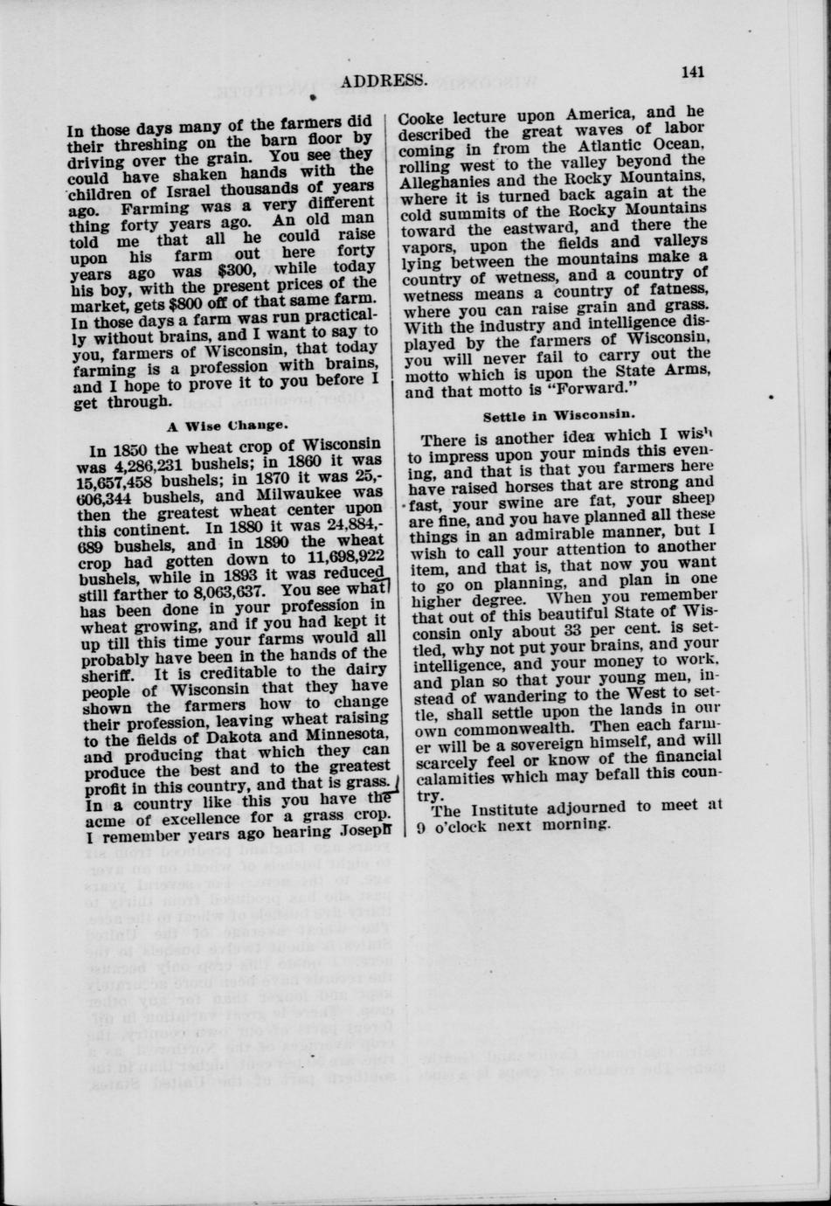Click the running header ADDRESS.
point(384,82)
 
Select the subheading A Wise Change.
point(225,426)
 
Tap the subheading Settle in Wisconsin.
point(558,417)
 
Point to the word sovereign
point(535,742)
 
